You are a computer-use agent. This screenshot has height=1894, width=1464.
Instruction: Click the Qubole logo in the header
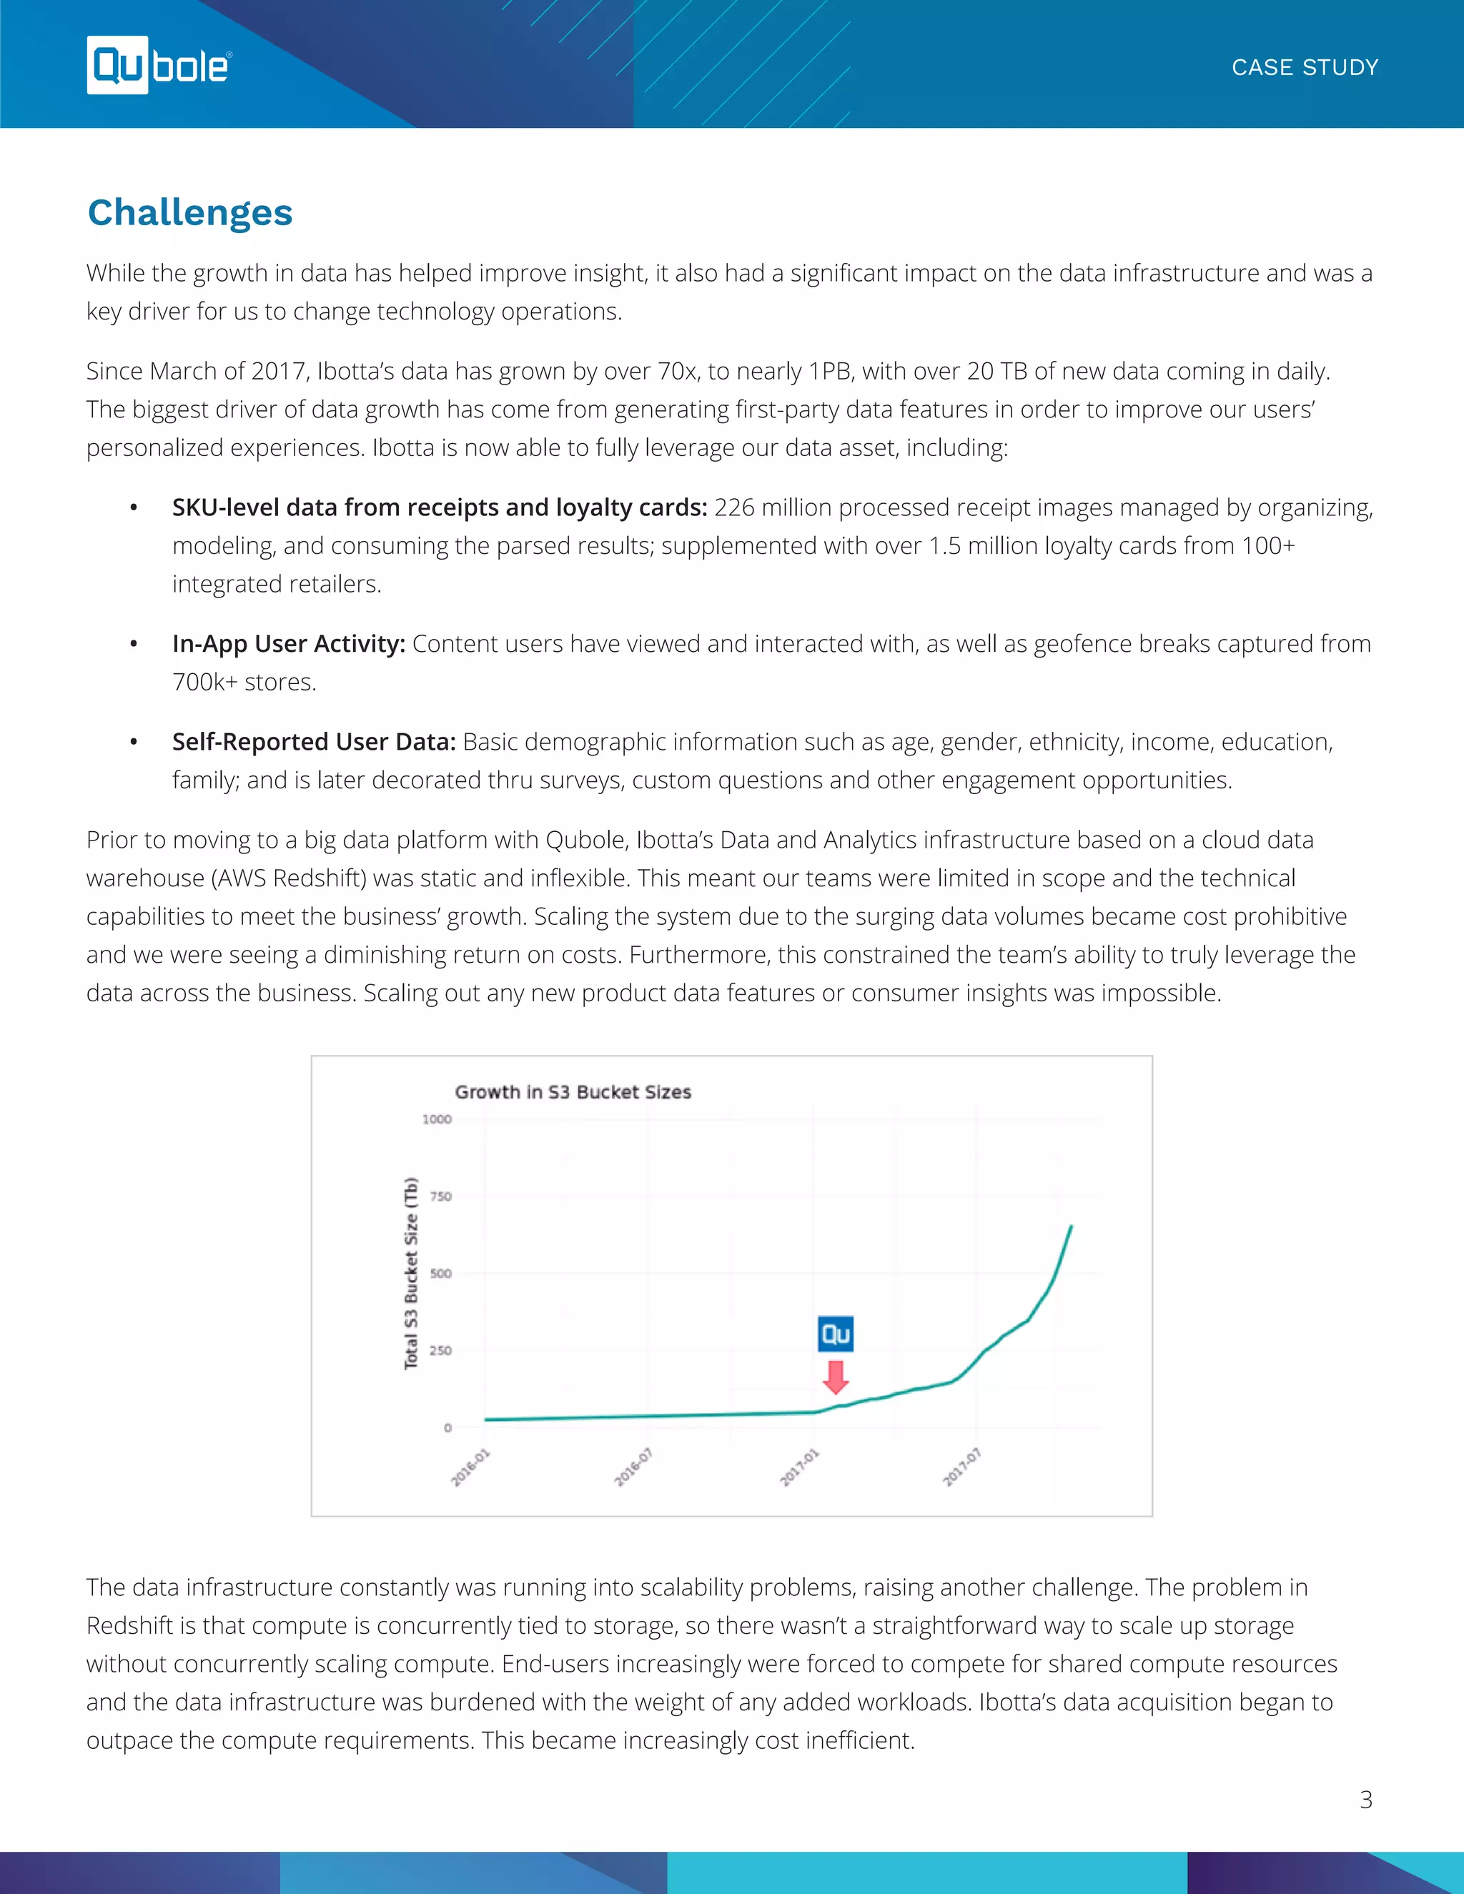[159, 65]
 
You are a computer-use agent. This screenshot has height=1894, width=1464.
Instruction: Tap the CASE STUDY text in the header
[1305, 68]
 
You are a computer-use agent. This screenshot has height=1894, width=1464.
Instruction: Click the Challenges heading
[190, 212]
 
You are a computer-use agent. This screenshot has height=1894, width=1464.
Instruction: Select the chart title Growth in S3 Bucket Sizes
[573, 1092]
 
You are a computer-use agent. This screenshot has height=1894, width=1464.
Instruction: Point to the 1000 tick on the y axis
[436, 1119]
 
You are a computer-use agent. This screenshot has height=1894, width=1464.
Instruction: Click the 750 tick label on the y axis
[440, 1196]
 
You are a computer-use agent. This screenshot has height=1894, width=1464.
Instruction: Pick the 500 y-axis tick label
[440, 1273]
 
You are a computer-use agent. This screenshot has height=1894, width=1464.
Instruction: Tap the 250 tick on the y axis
[440, 1350]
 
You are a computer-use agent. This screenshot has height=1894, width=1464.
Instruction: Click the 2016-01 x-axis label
[470, 1467]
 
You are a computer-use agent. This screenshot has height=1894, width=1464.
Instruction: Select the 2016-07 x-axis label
[633, 1467]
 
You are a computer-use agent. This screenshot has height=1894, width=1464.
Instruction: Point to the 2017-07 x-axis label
[962, 1467]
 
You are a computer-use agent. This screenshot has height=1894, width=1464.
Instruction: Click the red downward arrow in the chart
[835, 1377]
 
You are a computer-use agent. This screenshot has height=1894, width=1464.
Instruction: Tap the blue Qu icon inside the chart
[835, 1334]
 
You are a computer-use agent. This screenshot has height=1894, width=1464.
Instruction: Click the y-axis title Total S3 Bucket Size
[411, 1273]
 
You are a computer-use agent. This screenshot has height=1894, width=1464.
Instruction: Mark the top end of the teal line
[1071, 1226]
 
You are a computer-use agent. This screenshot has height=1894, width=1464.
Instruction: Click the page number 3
[1365, 1800]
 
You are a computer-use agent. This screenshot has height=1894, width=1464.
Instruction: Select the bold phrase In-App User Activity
[288, 643]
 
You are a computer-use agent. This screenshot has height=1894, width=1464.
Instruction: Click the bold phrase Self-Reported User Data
[313, 741]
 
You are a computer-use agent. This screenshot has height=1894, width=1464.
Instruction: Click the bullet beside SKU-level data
[134, 508]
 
